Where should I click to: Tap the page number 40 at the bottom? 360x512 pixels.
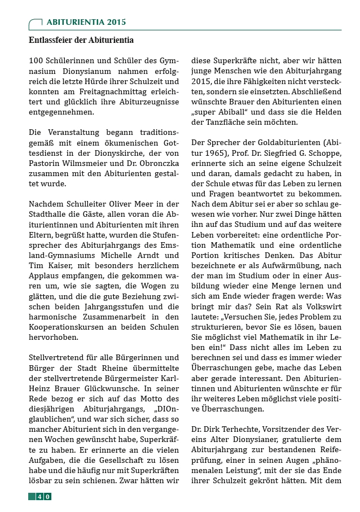click(43, 496)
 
